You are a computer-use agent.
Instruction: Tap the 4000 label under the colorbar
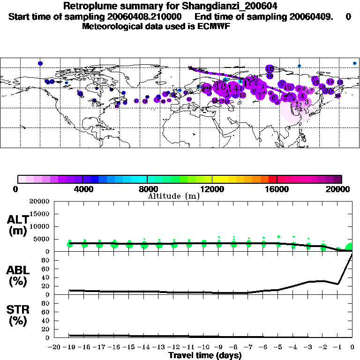pos(82,189)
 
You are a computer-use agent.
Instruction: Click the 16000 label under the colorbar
pos(277,189)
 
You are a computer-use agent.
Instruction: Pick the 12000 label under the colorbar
pos(212,189)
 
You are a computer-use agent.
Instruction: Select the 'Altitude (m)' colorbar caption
pos(173,196)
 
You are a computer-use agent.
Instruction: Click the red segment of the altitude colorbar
pos(273,179)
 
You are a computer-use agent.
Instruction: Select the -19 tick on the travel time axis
pos(70,347)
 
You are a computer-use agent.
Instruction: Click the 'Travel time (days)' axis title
pos(205,355)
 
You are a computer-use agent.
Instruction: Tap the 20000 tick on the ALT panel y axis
pos(40,202)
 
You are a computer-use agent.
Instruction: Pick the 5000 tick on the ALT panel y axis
pos(42,239)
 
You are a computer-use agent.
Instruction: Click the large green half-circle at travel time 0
pos(349,247)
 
